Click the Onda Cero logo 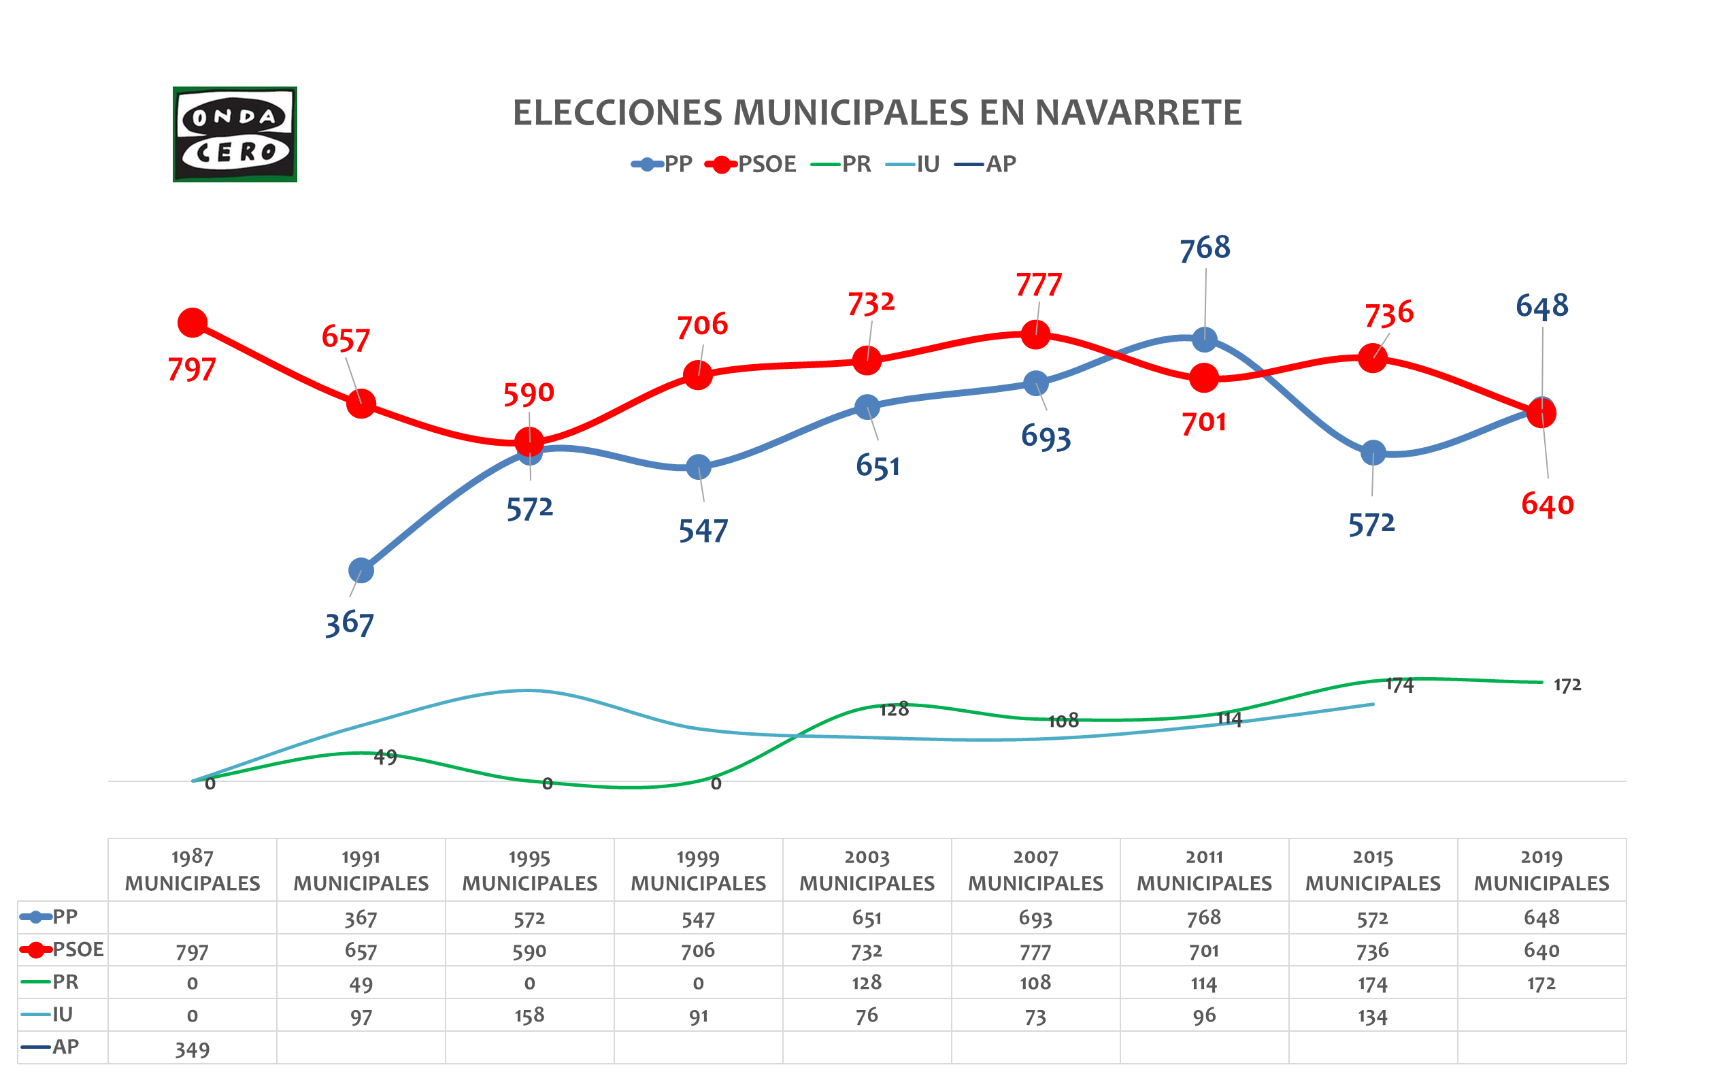(x=235, y=135)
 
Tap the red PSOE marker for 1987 (x=192, y=323)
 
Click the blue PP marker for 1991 (x=361, y=570)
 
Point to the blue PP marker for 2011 (x=1204, y=340)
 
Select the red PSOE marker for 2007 (x=1035, y=333)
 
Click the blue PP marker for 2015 (x=1373, y=453)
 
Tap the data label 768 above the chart (x=1205, y=248)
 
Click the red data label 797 (x=191, y=370)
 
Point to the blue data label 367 (x=349, y=624)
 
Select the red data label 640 (x=1547, y=504)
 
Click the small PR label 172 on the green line (x=1567, y=685)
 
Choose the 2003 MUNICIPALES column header (x=866, y=870)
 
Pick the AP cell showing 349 (x=192, y=1049)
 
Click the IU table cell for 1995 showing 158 (x=529, y=1015)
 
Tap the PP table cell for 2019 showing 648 (x=1541, y=918)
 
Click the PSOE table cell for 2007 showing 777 (x=1035, y=951)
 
